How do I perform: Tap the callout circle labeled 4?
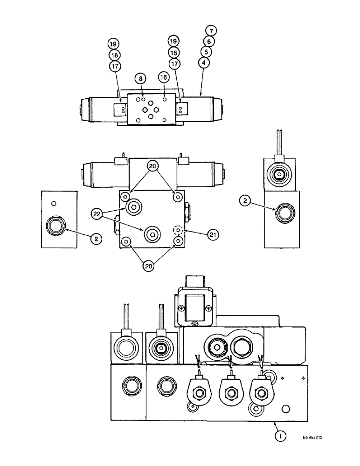[204, 62]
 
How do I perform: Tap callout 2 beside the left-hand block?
[96, 239]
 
